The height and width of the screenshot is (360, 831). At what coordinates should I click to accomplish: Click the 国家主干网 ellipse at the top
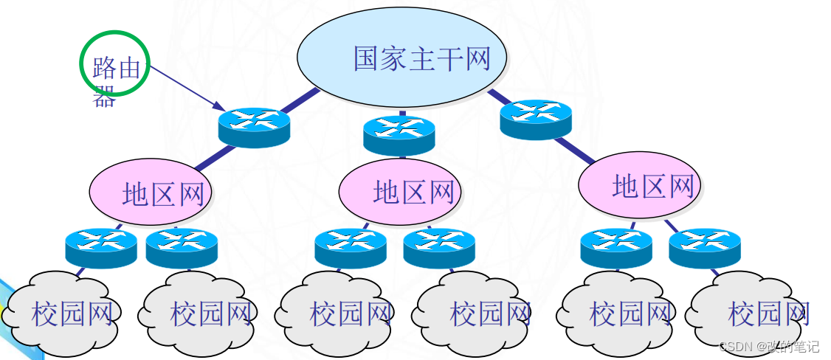point(402,57)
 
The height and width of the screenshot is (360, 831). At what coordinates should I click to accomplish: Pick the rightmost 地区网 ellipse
point(638,185)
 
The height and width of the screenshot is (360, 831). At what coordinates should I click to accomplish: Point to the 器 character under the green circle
point(104,97)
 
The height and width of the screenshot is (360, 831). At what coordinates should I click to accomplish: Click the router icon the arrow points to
point(254,126)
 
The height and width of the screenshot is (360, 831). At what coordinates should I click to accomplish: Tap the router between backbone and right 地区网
point(536,119)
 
